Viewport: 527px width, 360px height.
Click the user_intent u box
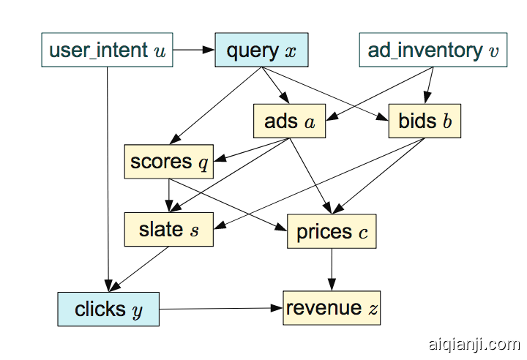[107, 50]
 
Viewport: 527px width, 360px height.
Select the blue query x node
[261, 50]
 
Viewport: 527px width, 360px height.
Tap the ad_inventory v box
[433, 50]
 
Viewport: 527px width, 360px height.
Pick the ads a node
[289, 121]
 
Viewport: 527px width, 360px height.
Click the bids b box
[425, 121]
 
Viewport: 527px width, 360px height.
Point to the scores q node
[169, 162]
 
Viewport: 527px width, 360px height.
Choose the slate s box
[169, 229]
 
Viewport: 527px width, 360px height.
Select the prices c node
[332, 232]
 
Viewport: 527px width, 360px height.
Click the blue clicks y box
[108, 309]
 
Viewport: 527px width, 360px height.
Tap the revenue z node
[332, 308]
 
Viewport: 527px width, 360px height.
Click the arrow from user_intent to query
[193, 50]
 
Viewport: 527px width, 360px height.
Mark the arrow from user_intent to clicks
[108, 176]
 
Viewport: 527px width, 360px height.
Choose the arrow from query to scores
[217, 105]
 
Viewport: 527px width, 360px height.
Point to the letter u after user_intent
[160, 51]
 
